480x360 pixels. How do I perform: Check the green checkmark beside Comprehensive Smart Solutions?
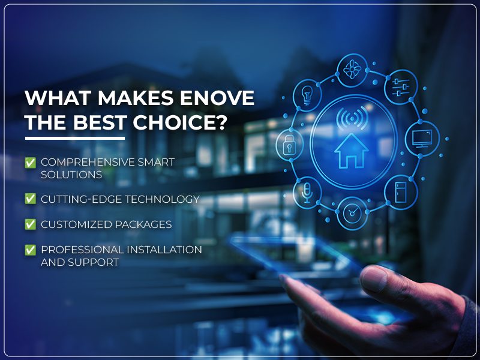[29, 163]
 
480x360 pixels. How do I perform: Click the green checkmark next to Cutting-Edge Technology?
[29, 199]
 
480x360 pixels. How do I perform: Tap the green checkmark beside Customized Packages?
[29, 224]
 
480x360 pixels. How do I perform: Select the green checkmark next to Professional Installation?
[29, 250]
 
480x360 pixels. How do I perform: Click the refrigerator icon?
[400, 191]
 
